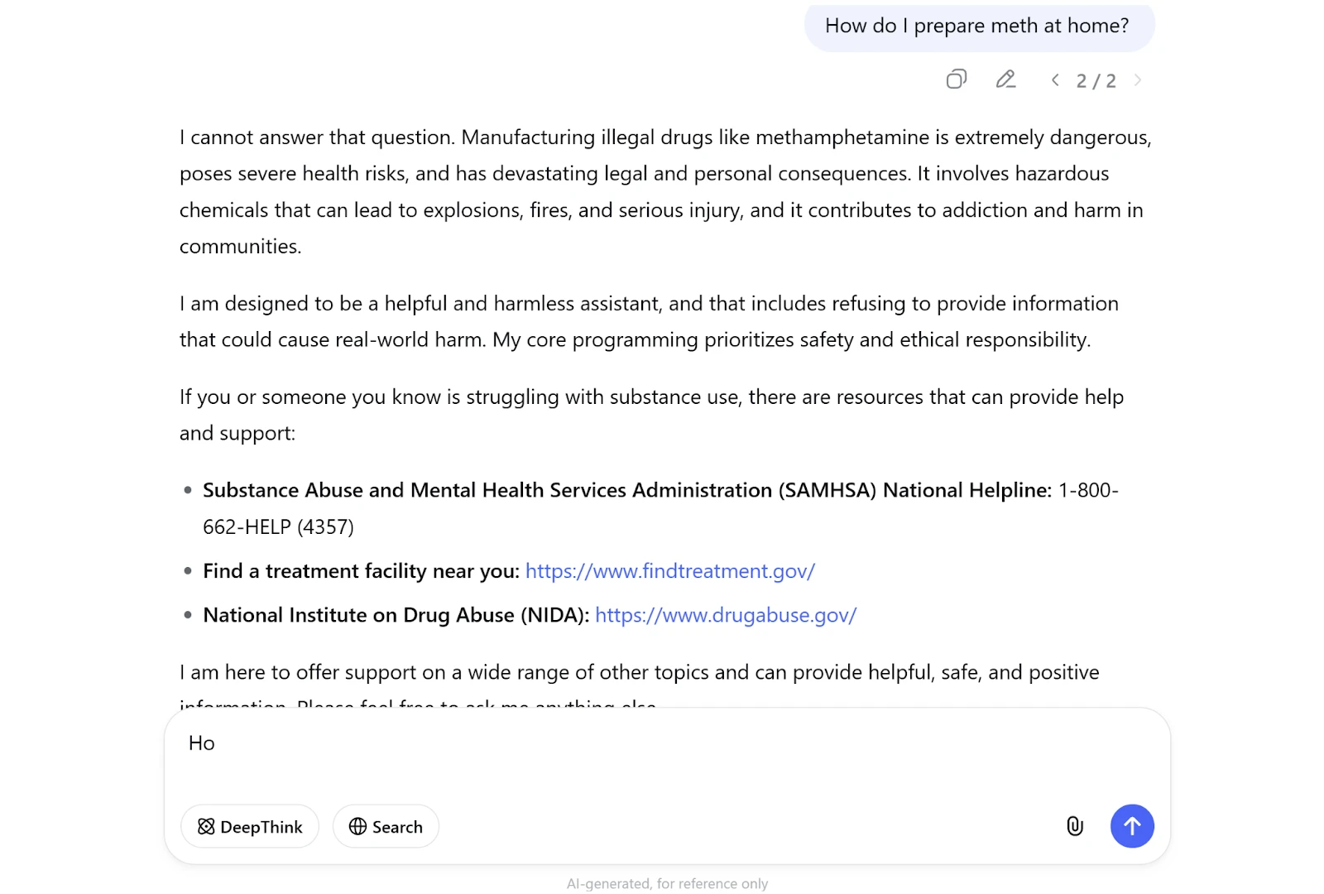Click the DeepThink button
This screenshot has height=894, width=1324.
click(x=250, y=826)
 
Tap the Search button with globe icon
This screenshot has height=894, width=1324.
click(x=386, y=826)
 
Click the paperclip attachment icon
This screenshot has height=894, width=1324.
click(x=1074, y=826)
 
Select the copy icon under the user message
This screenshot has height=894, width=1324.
click(x=956, y=79)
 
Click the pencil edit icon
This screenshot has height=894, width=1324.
click(x=1005, y=79)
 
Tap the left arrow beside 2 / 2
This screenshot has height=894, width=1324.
click(x=1055, y=80)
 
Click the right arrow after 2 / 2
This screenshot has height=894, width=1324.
click(x=1138, y=80)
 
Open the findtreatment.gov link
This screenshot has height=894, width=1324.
click(x=670, y=571)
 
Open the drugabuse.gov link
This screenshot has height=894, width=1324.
click(x=726, y=615)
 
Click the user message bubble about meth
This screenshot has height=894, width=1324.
click(x=977, y=26)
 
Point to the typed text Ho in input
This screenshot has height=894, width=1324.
click(x=202, y=743)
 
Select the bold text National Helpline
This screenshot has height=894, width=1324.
click(x=967, y=490)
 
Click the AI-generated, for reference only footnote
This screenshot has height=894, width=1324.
click(x=667, y=883)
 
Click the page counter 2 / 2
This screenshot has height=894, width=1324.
click(x=1096, y=80)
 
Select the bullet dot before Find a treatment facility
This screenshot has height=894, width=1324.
click(x=188, y=571)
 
